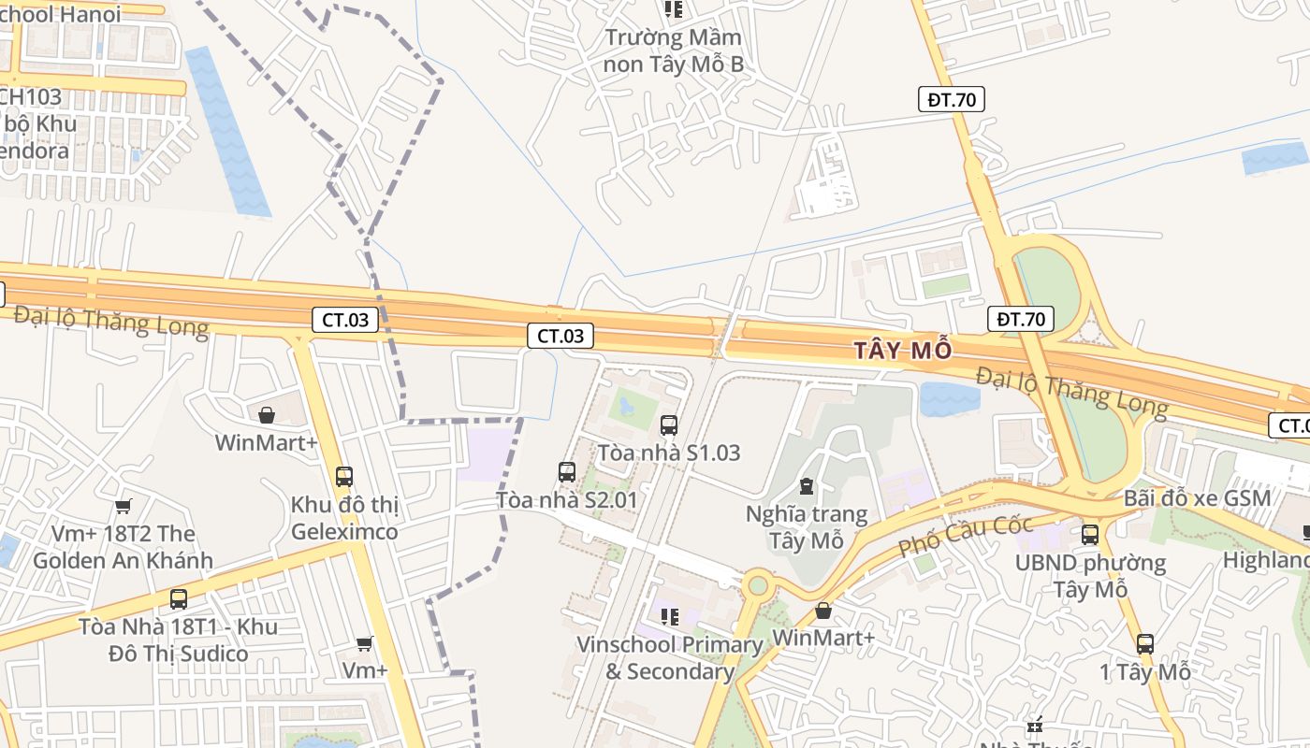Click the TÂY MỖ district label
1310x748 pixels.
pyautogui.click(x=902, y=350)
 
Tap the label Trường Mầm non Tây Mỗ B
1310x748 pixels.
pyautogui.click(x=673, y=50)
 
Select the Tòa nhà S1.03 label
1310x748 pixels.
pyautogui.click(x=668, y=453)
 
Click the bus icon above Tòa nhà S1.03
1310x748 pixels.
pyautogui.click(x=668, y=425)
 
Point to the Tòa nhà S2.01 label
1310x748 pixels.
pyautogui.click(x=566, y=499)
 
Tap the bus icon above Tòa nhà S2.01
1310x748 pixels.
pyautogui.click(x=566, y=472)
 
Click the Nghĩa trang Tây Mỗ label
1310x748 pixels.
pyautogui.click(x=807, y=527)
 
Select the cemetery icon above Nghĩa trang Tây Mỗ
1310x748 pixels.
pyautogui.click(x=807, y=486)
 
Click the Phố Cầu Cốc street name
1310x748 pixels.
pyautogui.click(x=965, y=537)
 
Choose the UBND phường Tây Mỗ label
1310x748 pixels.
pyautogui.click(x=1090, y=576)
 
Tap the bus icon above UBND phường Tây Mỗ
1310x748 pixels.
pyautogui.click(x=1089, y=535)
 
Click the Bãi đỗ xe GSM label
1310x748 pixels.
pyautogui.click(x=1197, y=497)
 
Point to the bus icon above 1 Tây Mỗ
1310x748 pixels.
pyautogui.click(x=1144, y=643)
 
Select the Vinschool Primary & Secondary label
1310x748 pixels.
pyautogui.click(x=669, y=658)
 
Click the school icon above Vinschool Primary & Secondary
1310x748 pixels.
pyautogui.click(x=669, y=616)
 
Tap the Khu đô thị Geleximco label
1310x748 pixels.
pyautogui.click(x=344, y=518)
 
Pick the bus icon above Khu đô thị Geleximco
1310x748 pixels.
pyautogui.click(x=343, y=476)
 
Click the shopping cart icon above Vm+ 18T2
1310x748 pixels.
pyautogui.click(x=123, y=507)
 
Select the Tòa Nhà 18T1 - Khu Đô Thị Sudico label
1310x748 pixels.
pyautogui.click(x=178, y=640)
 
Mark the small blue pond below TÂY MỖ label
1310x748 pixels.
pyautogui.click(x=948, y=398)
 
